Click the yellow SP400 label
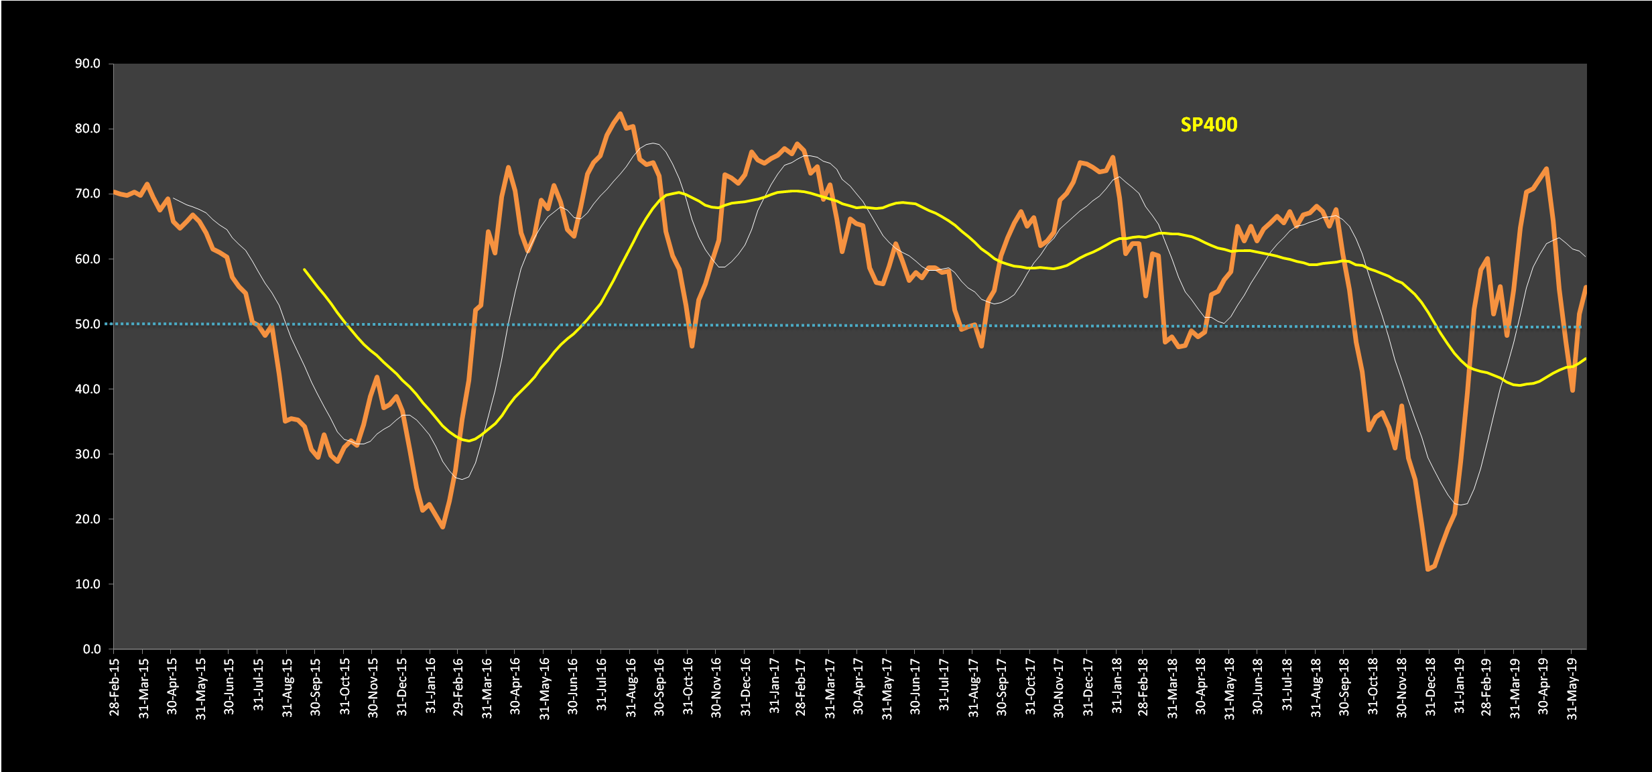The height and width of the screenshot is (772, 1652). click(1208, 125)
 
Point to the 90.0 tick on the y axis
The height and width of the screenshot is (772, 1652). click(88, 64)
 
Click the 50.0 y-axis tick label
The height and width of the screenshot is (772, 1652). click(88, 324)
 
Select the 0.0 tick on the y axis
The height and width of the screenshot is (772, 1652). click(92, 649)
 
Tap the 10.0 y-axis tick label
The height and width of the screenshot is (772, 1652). click(88, 584)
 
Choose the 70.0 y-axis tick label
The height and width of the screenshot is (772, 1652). click(88, 194)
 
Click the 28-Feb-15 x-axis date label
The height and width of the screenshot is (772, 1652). click(115, 687)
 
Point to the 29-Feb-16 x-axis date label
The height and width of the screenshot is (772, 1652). click(458, 687)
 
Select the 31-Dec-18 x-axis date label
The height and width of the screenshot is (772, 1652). click(1430, 687)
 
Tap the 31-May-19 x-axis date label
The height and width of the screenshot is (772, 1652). click(1572, 687)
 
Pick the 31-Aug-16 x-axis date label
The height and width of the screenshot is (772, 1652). click(631, 687)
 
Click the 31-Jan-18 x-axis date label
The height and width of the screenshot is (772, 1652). click(1117, 687)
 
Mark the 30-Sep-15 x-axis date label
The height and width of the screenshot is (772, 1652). click(316, 687)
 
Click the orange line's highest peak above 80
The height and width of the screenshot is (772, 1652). click(620, 114)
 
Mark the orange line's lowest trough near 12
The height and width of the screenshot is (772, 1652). click(1428, 569)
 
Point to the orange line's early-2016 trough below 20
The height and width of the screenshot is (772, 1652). click(443, 527)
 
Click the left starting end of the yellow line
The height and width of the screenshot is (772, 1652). click(304, 269)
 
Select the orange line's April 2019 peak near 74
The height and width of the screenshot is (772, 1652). click(1546, 169)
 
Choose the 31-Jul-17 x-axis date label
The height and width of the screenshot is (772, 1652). click(944, 687)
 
